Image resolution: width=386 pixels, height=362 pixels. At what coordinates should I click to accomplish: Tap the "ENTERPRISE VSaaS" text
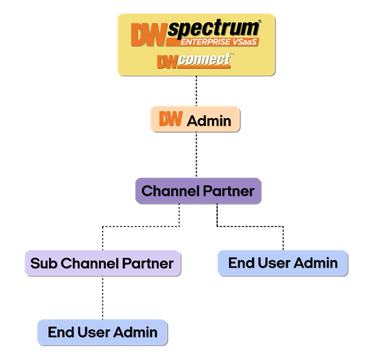coord(219,42)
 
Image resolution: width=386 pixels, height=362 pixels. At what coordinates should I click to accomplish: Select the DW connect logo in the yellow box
coord(194,61)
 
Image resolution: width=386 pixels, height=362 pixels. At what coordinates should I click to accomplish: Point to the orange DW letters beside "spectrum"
coord(149,34)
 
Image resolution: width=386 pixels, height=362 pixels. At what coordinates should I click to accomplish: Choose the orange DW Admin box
coord(195,119)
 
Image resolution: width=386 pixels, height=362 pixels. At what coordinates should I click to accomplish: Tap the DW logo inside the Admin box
coord(171,119)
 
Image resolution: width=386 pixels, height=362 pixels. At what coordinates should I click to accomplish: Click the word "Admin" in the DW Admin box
coord(209,120)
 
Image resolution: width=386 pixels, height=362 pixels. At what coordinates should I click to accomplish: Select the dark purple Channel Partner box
coord(198,191)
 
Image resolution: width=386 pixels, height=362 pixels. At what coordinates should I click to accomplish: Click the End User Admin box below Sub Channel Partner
coord(103,332)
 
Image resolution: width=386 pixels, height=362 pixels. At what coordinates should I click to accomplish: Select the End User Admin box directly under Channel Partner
coord(283,263)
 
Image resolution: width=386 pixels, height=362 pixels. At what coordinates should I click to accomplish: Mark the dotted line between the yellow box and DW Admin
coord(196,91)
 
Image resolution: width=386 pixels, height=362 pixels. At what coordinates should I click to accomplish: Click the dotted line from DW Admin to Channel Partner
coord(196,154)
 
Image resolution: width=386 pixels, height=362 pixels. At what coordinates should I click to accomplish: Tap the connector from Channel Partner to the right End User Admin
coord(251,225)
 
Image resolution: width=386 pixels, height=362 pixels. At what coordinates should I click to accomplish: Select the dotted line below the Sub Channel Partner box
coord(103,298)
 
